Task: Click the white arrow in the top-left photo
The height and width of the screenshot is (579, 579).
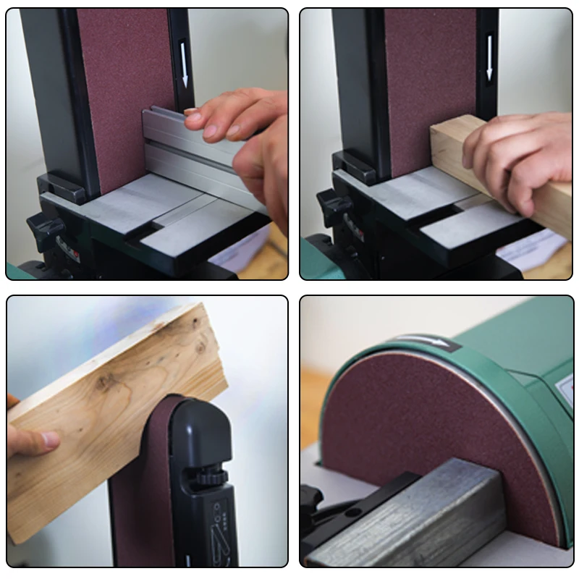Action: coord(185,72)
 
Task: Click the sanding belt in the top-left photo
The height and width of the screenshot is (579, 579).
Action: coord(123,87)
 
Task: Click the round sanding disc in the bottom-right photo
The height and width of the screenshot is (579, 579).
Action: coord(434,413)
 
